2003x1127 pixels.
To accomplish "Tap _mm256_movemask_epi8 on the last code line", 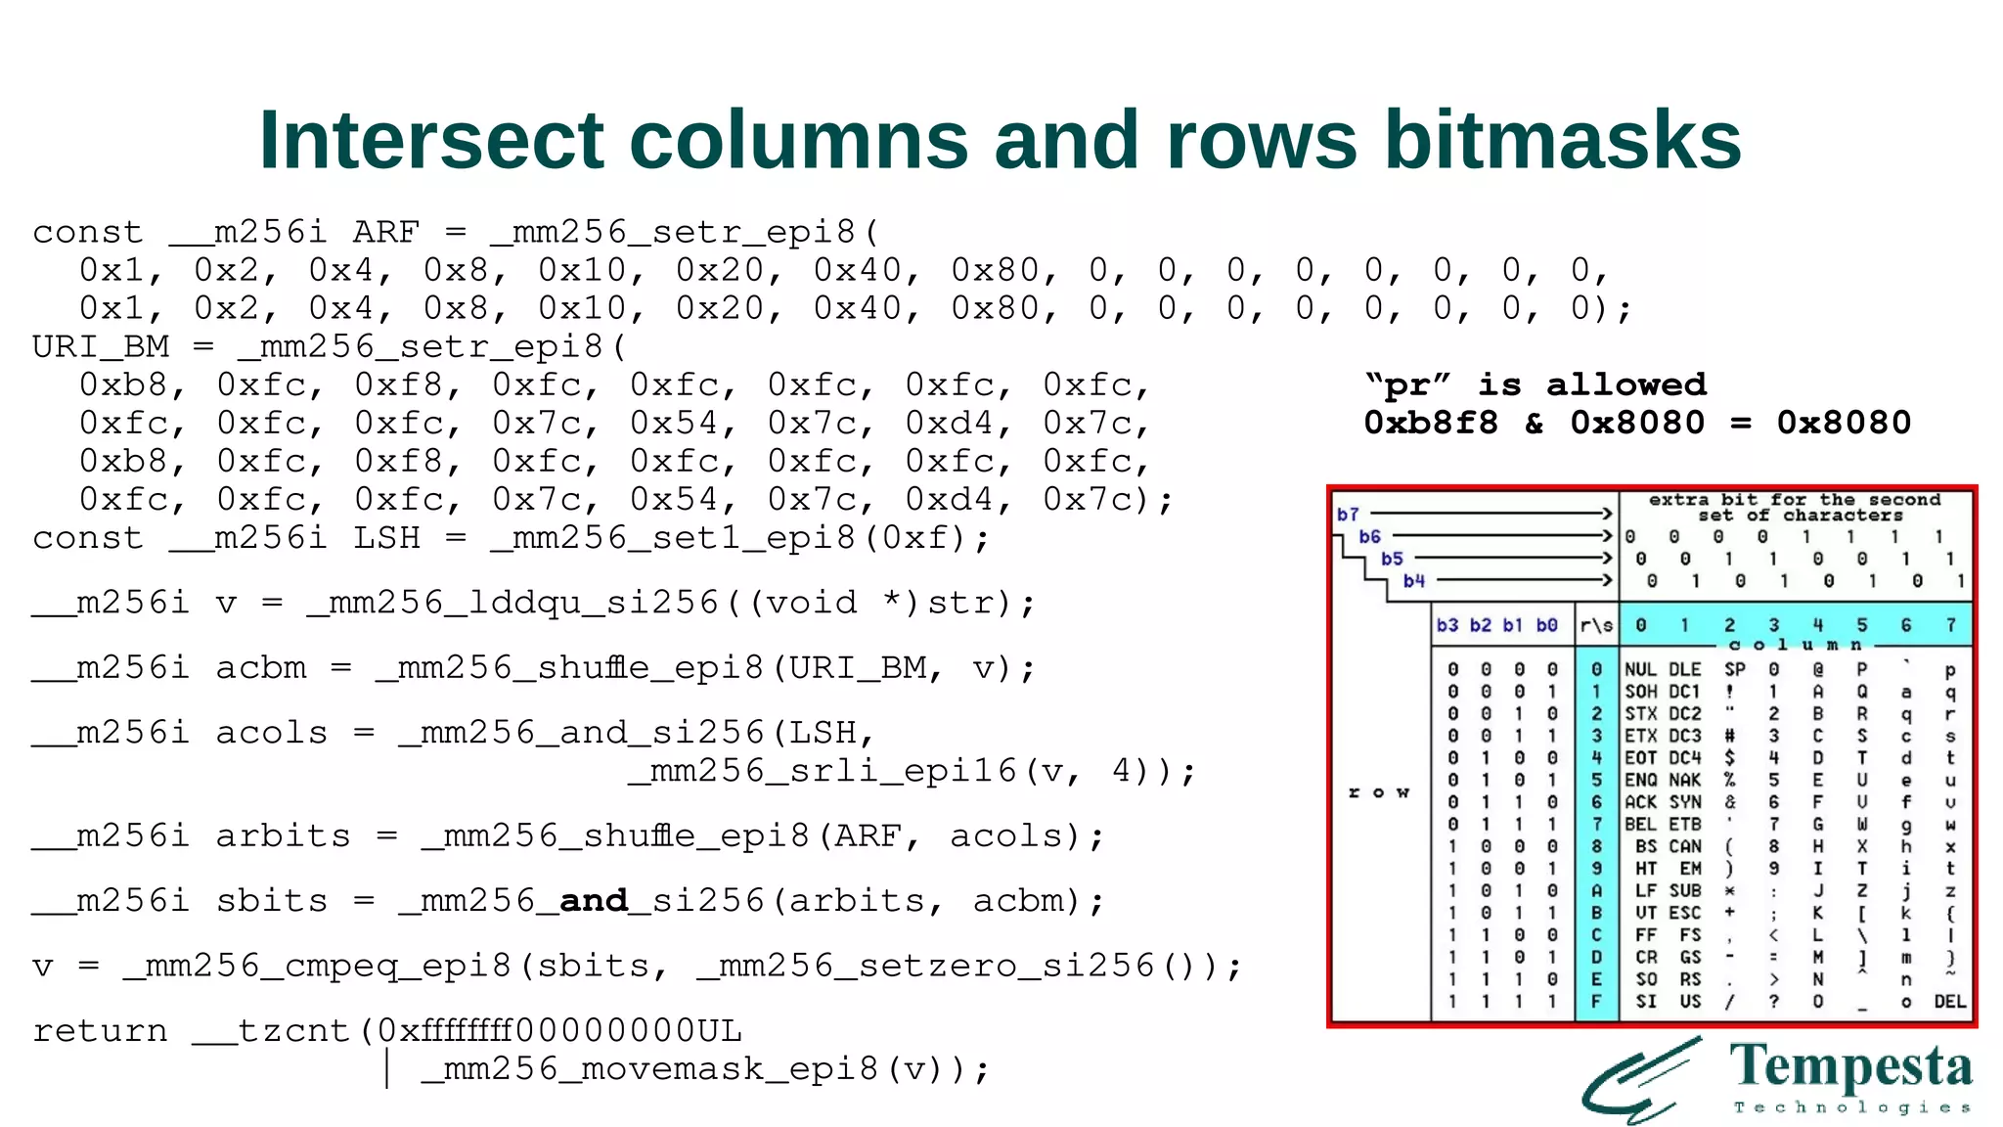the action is (x=650, y=1068).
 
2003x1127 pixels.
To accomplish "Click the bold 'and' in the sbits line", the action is (x=593, y=900).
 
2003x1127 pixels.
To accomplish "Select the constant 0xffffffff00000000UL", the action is (x=559, y=1031).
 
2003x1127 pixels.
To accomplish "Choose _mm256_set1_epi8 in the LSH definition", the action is (x=674, y=538).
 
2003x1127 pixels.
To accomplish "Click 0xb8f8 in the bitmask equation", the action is (x=1431, y=423).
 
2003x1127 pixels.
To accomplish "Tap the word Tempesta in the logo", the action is (x=1850, y=1067).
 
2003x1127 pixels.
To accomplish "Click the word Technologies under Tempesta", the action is (x=1850, y=1107).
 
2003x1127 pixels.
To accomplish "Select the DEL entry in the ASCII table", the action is (x=1949, y=1002).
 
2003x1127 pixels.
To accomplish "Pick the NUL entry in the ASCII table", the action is (x=1640, y=670).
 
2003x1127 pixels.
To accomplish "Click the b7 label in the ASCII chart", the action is (x=1348, y=515).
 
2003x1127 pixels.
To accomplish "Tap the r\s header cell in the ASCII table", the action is (x=1596, y=625).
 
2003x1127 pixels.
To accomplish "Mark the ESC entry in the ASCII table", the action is (x=1685, y=913).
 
